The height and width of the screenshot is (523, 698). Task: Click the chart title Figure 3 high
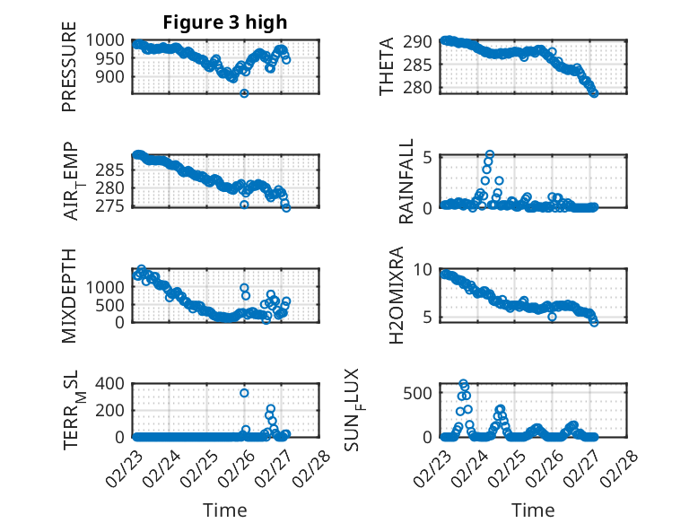pos(225,22)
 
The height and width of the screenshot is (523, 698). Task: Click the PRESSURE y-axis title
pos(69,74)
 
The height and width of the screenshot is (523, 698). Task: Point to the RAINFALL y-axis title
pos(406,182)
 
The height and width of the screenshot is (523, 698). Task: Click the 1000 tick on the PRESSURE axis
pos(109,40)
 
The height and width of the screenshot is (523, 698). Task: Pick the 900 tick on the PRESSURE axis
pos(114,77)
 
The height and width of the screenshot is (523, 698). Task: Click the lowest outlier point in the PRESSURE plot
pos(244,93)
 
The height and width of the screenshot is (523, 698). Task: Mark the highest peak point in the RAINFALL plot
pos(490,154)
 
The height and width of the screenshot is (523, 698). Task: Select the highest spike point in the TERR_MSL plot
pos(244,393)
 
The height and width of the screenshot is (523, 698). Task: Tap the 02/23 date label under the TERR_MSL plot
pos(122,467)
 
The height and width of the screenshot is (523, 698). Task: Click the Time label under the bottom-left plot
pos(225,510)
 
